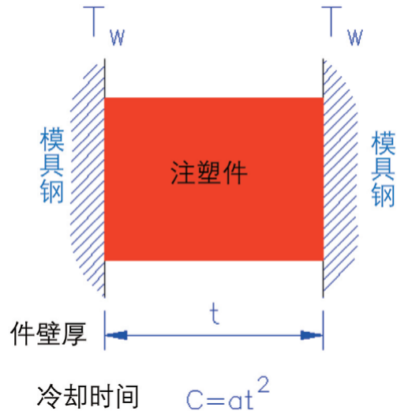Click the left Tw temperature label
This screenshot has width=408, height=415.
104,25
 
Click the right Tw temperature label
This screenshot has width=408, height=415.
342,25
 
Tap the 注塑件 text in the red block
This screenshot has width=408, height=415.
209,172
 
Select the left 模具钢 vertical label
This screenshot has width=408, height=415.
52,165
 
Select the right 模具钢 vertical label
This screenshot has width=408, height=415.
384,169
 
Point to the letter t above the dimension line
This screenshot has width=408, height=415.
215,314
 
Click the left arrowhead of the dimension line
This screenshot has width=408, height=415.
116,335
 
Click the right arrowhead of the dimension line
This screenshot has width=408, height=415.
312,335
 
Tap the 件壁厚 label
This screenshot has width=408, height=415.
49,334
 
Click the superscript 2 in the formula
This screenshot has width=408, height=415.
264,384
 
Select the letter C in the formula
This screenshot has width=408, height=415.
194,400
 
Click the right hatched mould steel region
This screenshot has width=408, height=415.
340,176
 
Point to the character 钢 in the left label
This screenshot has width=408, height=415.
52,191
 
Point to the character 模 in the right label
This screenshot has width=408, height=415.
384,143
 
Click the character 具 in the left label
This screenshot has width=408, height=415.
52,165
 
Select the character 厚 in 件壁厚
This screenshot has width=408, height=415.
74,334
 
